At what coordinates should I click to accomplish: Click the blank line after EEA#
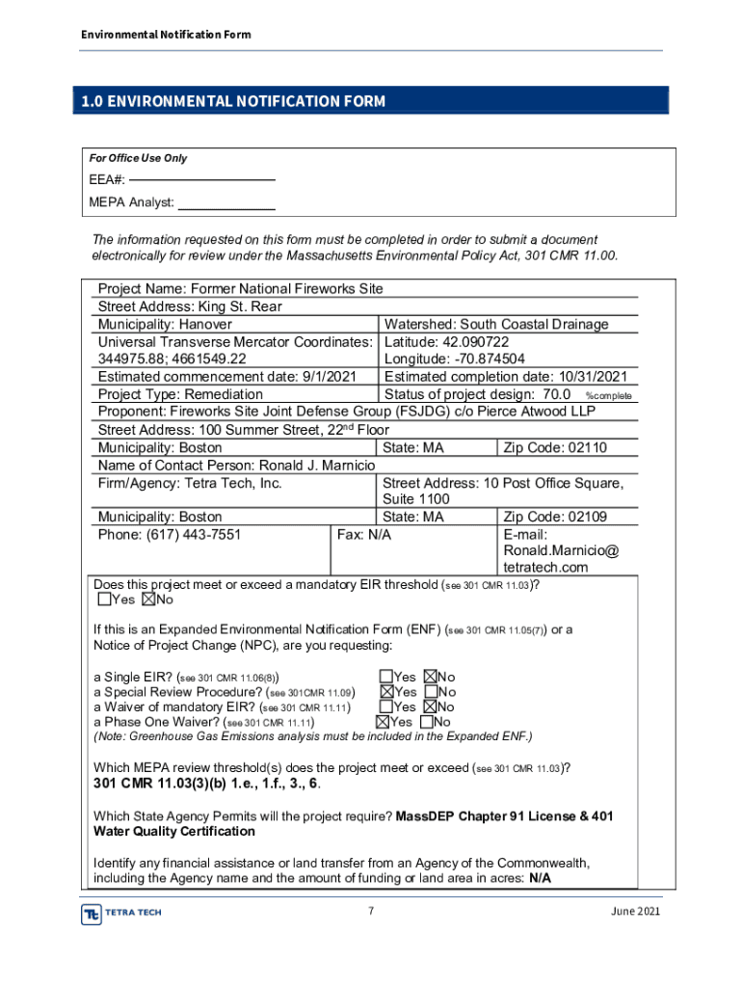(x=202, y=180)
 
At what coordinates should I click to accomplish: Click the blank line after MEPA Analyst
(x=227, y=209)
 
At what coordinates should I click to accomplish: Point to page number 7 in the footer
(x=371, y=912)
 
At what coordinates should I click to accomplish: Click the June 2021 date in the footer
(x=636, y=912)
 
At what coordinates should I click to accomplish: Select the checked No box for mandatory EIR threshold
(x=148, y=600)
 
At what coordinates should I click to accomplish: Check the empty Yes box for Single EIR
(x=386, y=678)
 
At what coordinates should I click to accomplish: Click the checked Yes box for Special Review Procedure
(x=386, y=692)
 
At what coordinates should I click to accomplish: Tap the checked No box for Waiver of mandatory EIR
(x=432, y=707)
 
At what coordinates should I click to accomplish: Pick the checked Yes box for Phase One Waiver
(x=383, y=721)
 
